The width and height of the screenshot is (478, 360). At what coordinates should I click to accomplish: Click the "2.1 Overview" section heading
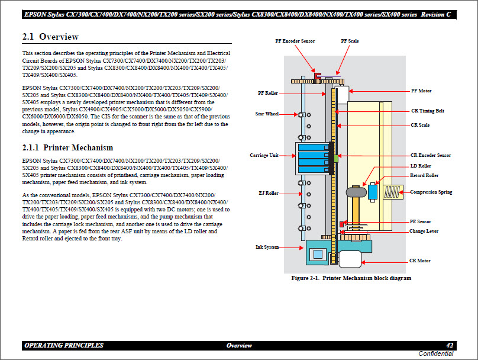50,37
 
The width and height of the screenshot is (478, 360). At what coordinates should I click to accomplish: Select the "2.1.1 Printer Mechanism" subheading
67,147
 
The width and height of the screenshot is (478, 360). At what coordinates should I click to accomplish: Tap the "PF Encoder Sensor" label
295,41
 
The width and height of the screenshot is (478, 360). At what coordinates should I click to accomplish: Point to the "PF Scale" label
350,41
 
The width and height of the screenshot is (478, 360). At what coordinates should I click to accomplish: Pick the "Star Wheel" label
267,114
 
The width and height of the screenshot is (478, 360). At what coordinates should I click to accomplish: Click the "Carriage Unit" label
264,155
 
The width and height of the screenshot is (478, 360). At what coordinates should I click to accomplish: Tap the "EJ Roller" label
268,193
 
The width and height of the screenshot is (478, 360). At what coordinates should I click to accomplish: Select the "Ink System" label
267,246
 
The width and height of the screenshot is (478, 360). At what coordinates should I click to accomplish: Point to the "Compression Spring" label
431,192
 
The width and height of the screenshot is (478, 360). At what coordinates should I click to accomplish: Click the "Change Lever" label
424,231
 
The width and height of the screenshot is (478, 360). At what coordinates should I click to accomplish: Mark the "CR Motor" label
419,261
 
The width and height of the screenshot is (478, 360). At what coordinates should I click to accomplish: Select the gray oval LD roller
357,192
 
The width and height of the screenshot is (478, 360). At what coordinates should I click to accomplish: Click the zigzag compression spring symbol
393,192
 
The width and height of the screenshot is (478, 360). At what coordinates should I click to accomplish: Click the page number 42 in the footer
450,345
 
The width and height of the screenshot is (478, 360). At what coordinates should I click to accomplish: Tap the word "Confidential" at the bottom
436,353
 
